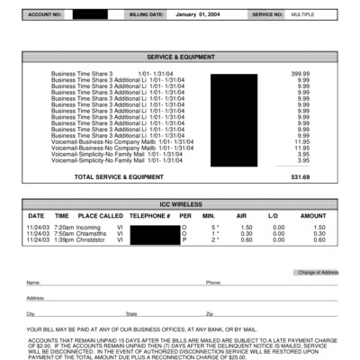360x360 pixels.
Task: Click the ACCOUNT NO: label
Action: point(46,15)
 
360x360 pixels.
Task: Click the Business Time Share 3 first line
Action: point(83,73)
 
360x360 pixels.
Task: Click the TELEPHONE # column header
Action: point(149,216)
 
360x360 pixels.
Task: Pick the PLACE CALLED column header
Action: point(100,216)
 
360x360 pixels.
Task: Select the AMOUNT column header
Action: point(312,216)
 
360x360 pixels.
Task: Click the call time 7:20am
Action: point(63,228)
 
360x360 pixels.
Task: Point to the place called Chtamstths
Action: point(93,234)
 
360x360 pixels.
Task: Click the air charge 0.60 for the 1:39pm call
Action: point(241,240)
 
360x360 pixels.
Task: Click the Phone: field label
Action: point(213,283)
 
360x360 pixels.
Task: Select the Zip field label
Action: point(210,313)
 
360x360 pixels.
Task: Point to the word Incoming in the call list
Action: point(89,228)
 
